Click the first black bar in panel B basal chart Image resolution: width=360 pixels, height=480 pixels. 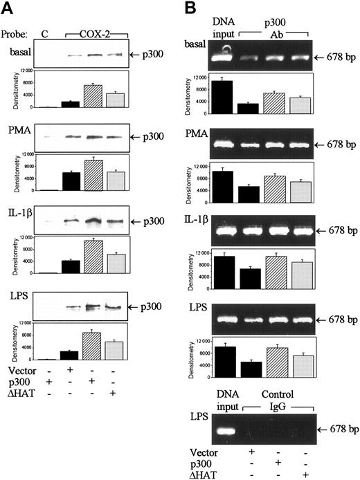(x=222, y=96)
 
